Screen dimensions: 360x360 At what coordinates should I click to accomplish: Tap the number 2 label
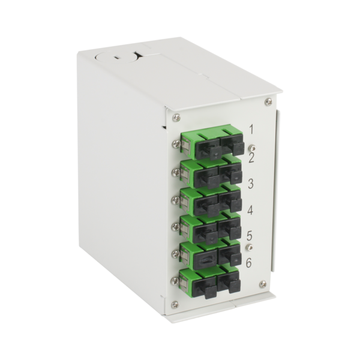pyautogui.click(x=251, y=158)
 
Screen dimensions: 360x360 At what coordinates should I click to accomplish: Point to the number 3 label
pyautogui.click(x=251, y=184)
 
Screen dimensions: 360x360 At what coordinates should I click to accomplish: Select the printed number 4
pyautogui.click(x=251, y=210)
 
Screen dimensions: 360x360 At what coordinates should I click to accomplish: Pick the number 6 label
pyautogui.click(x=250, y=262)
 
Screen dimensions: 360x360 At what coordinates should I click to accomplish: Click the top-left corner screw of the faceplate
pyautogui.click(x=176, y=118)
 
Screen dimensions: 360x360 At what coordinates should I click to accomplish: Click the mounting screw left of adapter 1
pyautogui.click(x=175, y=144)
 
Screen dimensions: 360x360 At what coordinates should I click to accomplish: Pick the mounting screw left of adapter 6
pyautogui.click(x=175, y=280)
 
